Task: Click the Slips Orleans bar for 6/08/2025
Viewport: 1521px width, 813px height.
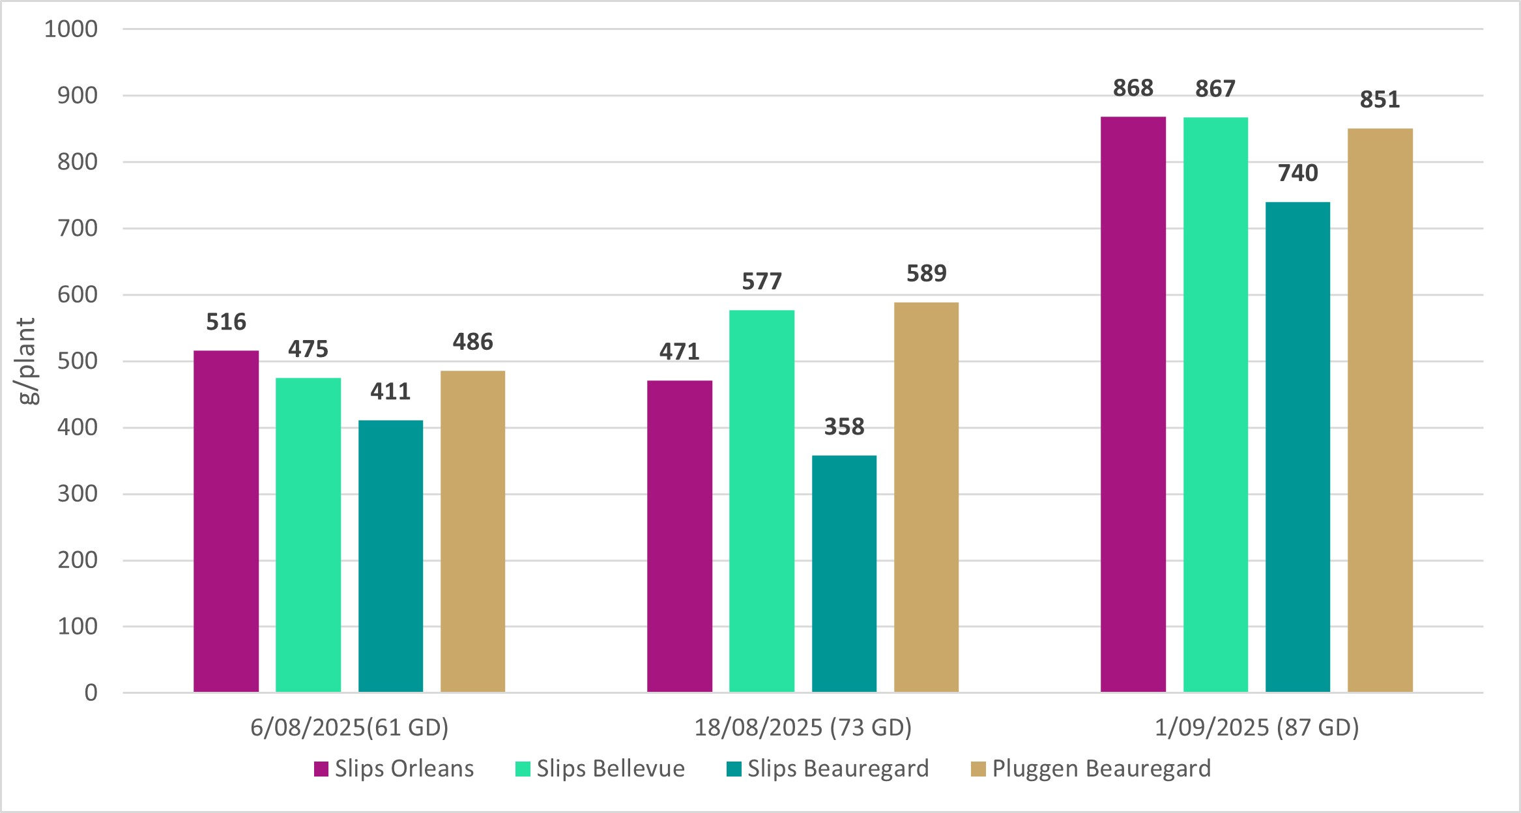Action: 226,521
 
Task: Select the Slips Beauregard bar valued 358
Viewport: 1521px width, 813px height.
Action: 844,573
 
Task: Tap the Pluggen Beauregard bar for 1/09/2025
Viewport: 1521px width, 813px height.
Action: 1380,410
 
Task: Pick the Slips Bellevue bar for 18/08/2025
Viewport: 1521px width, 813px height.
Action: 761,501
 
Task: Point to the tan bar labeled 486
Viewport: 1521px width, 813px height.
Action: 472,531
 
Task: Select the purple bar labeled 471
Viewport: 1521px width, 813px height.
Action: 679,536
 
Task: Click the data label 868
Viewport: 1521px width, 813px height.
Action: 1133,88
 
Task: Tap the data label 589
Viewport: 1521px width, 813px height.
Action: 926,273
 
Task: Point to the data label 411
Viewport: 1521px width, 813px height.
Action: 390,391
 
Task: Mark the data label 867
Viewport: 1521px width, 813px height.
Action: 1215,89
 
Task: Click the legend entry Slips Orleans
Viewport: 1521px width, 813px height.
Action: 394,769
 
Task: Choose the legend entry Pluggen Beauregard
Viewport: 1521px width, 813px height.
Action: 1091,769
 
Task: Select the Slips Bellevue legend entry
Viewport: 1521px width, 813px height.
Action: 600,769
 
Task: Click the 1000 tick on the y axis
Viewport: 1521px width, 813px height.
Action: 71,29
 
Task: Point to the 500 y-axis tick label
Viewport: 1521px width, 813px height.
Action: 78,361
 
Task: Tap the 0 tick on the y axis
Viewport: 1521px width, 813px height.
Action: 91,692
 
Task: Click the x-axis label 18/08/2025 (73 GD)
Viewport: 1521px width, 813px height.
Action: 803,727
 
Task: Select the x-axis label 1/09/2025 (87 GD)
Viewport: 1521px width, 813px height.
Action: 1256,727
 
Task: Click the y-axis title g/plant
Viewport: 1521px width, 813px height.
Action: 27,361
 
